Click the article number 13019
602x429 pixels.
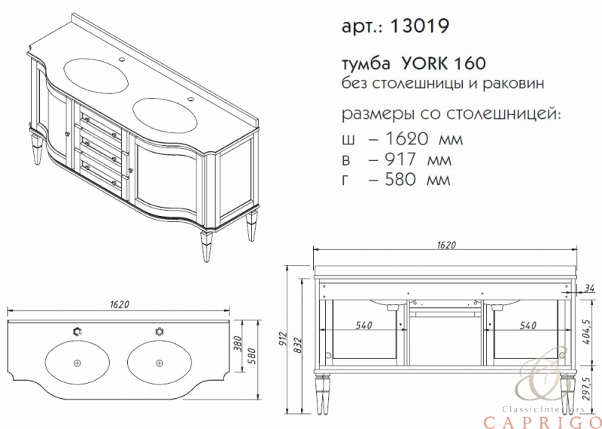pos(419,26)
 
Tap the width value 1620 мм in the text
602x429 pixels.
pos(424,138)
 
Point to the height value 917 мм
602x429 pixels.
pos(418,160)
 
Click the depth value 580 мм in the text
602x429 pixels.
pos(418,180)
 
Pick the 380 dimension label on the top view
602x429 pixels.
pos(238,345)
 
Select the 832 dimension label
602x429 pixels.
pos(296,345)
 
